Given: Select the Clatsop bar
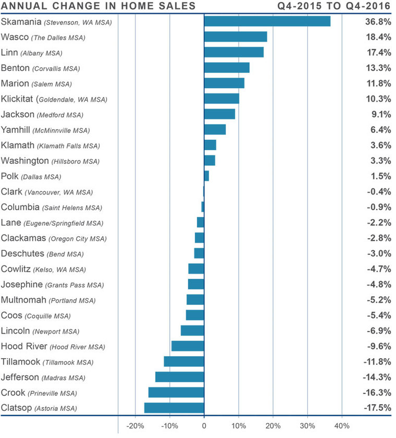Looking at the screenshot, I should tap(174, 408).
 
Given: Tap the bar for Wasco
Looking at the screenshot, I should tap(236, 36).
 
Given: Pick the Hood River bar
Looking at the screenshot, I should tap(188, 346).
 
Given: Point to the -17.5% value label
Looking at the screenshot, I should tap(377, 408).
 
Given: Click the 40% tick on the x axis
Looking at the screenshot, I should tap(341, 425).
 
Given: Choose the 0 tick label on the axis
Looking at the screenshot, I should tap(204, 425).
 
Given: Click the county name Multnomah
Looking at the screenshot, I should tap(24, 300).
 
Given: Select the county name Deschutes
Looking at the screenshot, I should tap(22, 253).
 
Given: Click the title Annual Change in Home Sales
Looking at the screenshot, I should tap(98, 6).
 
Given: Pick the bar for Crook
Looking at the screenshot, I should tap(176, 392).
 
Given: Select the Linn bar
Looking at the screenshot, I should tap(234, 52).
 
